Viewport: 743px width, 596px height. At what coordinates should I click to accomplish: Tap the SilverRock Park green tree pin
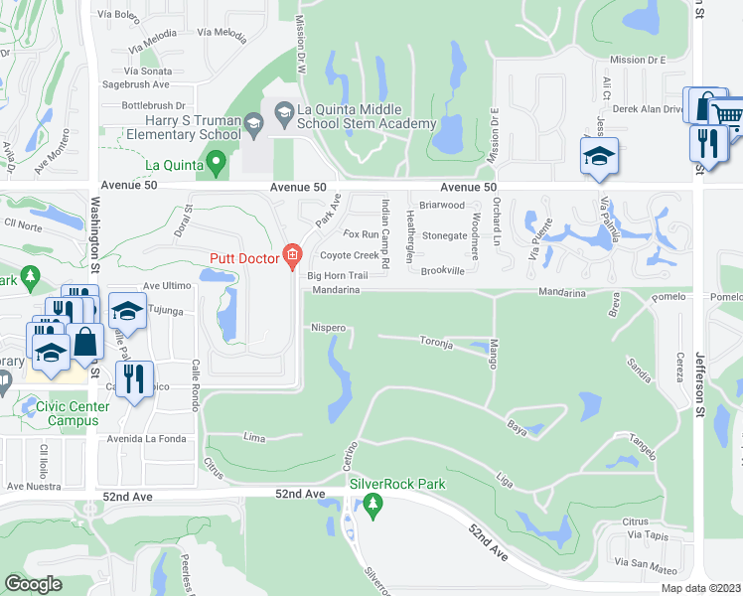pyautogui.click(x=373, y=505)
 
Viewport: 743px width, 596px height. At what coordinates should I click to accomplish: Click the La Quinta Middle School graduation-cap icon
pyautogui.click(x=285, y=112)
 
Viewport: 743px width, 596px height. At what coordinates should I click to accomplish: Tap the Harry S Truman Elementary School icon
pyautogui.click(x=253, y=124)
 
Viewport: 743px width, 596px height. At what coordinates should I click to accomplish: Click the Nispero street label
pyautogui.click(x=328, y=327)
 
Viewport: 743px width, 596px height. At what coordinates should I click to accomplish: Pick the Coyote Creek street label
pyautogui.click(x=343, y=255)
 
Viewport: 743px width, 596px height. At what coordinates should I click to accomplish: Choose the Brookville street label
pyautogui.click(x=443, y=270)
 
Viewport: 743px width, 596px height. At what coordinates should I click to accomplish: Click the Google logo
pyautogui.click(x=33, y=584)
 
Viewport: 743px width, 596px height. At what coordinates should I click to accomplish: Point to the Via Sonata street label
pyautogui.click(x=148, y=72)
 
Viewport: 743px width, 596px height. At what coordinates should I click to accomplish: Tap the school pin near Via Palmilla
pyautogui.click(x=599, y=157)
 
